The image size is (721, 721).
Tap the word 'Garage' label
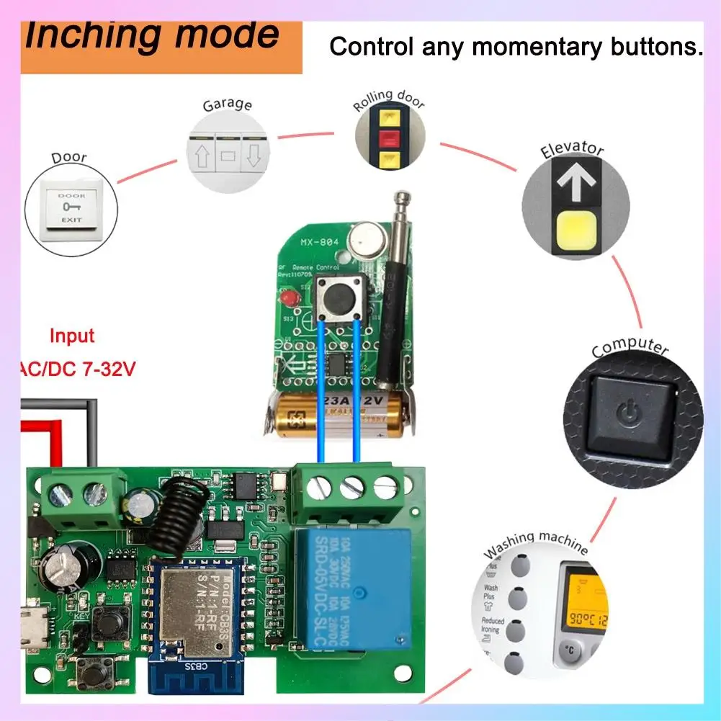pos(228,104)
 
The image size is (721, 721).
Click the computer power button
pos(629,415)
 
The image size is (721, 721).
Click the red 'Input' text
pos(72,336)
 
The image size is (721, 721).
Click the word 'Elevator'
pos(572,149)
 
